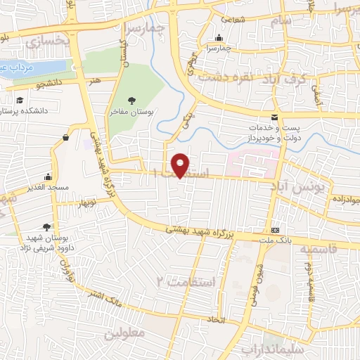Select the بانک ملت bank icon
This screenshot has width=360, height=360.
276,230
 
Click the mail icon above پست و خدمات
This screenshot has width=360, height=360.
274,117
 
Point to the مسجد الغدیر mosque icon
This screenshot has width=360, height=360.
48,176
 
